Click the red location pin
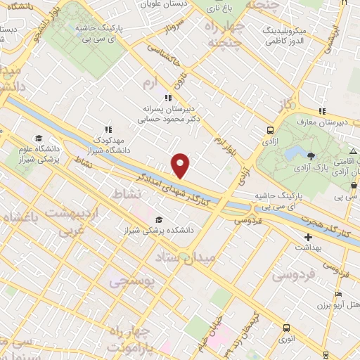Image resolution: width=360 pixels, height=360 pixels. (x=181, y=165)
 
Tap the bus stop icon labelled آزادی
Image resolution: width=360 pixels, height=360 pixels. (x=270, y=129)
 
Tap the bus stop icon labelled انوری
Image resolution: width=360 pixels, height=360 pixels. (x=286, y=328)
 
